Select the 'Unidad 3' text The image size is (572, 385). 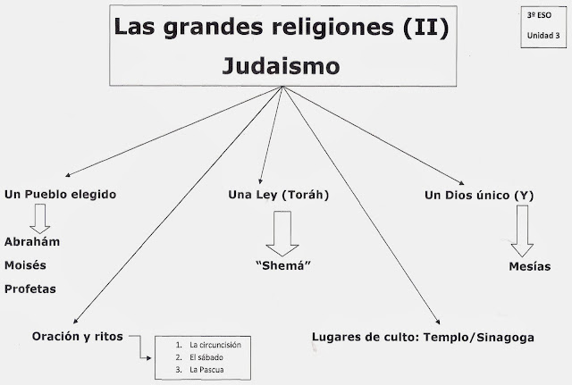(x=537, y=36)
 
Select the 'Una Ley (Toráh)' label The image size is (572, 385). (x=275, y=194)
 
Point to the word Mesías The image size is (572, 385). (x=523, y=265)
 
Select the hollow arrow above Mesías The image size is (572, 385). (x=522, y=231)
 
